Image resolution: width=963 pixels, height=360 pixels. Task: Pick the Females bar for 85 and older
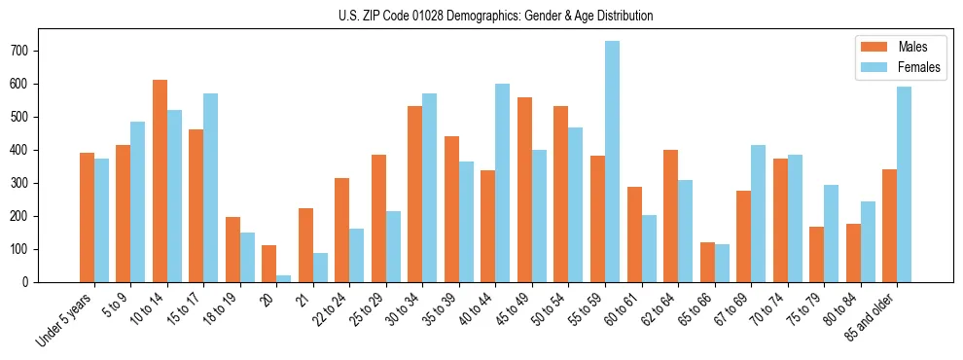(x=904, y=185)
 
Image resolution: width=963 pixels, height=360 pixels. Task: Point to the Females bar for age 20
(x=284, y=278)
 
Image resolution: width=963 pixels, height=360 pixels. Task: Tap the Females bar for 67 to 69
(x=758, y=213)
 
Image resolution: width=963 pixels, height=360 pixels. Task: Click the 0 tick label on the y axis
(x=31, y=282)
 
